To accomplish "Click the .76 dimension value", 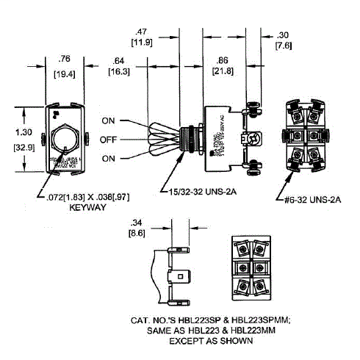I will tap(65, 60).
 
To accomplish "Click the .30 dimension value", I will tap(284, 35).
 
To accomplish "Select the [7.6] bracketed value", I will tap(284, 47).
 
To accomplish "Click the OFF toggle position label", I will tap(109, 140).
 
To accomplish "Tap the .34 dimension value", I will tap(136, 222).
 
